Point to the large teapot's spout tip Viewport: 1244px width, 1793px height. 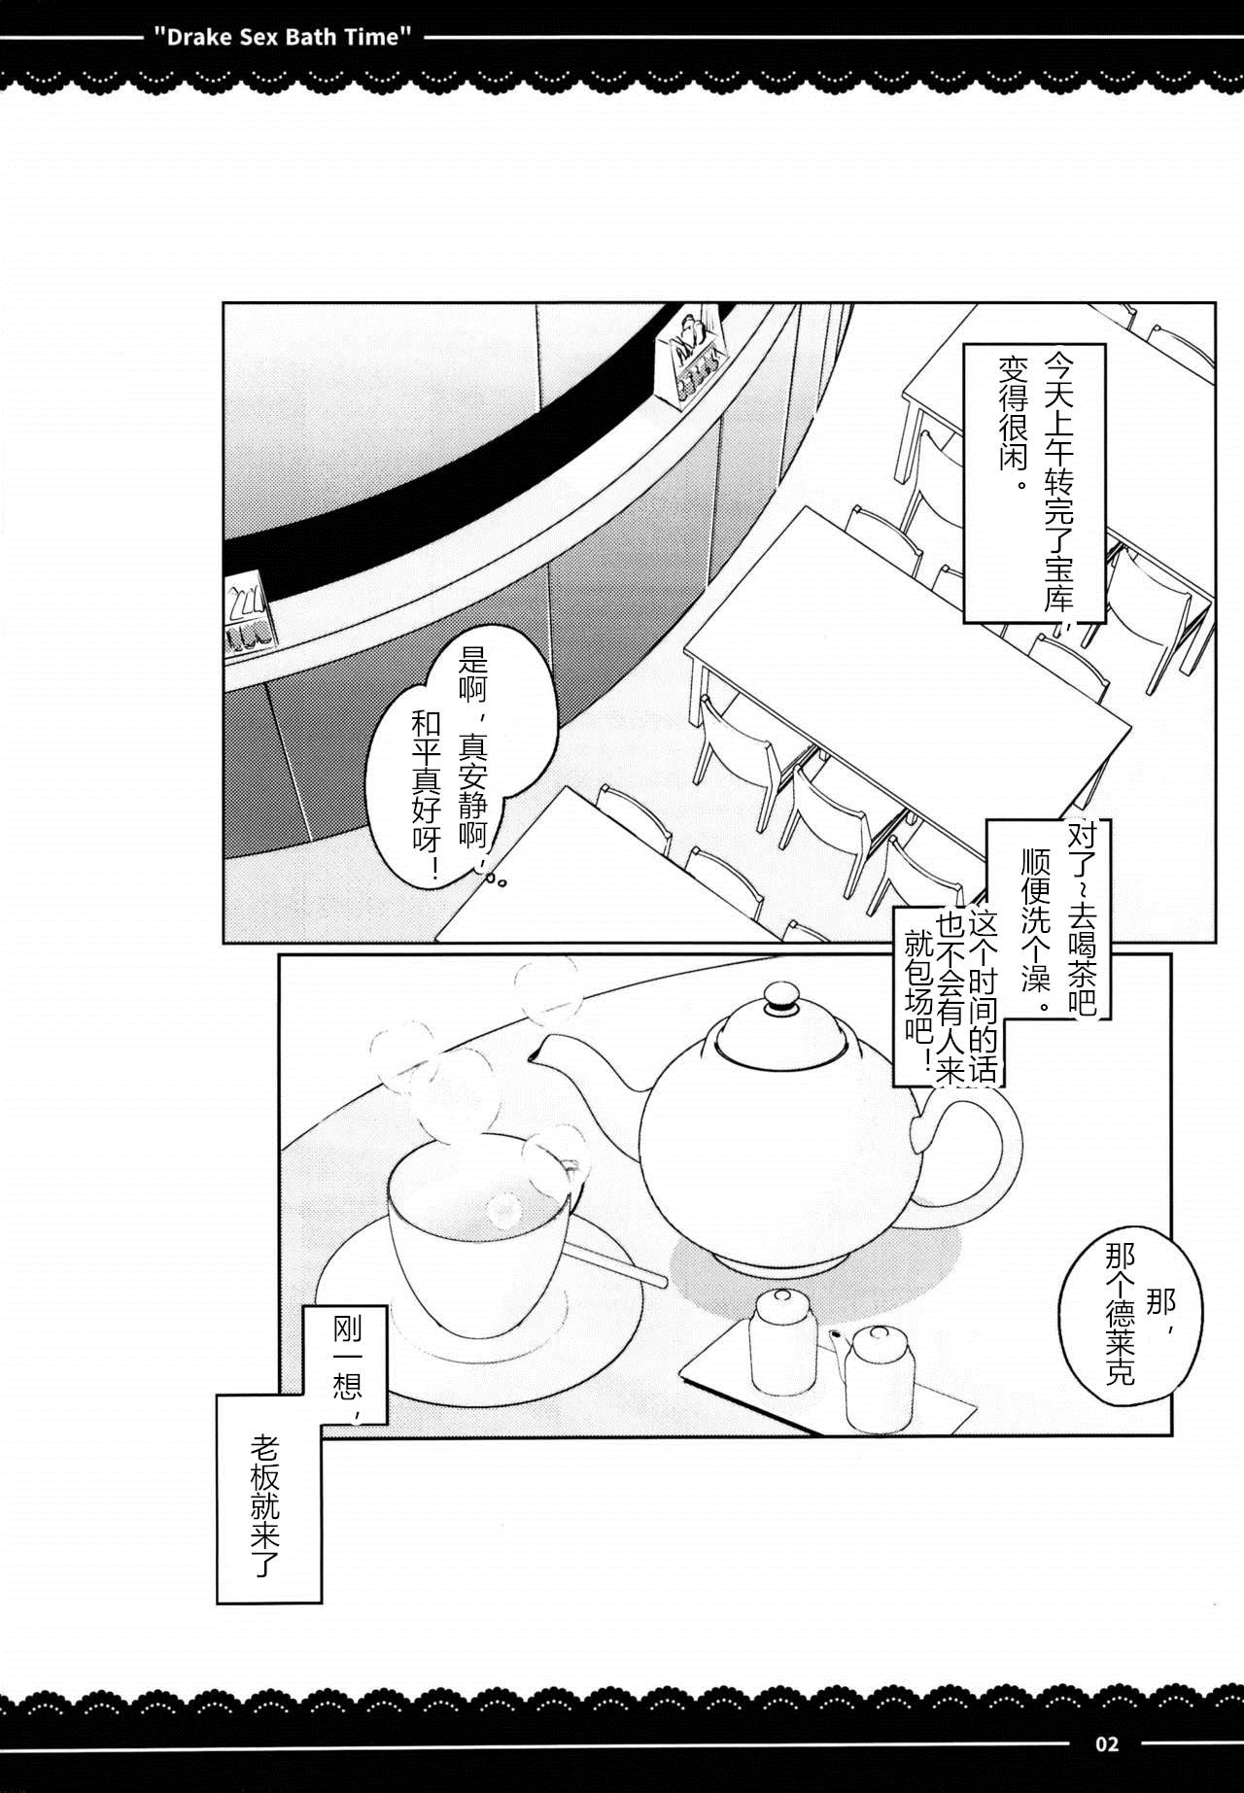click(x=533, y=1054)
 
